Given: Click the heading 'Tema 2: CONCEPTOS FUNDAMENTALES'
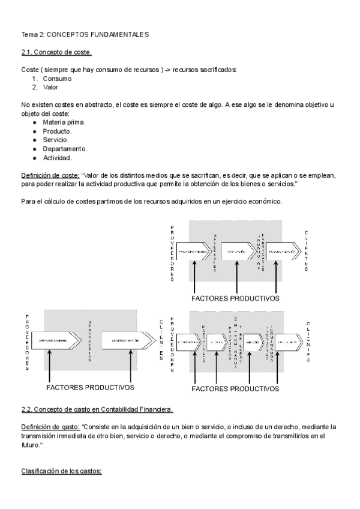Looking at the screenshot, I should (x=85, y=35).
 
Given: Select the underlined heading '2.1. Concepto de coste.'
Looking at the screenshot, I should (x=56, y=52).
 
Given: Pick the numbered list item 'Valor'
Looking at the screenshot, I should (x=51, y=87).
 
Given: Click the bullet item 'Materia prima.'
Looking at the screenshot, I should (x=64, y=122).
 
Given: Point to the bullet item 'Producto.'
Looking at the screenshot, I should (x=57, y=131).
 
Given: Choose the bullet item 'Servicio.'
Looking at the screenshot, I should (x=56, y=140).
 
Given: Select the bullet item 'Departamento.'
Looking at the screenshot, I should (x=65, y=149).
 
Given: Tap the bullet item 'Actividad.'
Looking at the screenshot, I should (x=58, y=158).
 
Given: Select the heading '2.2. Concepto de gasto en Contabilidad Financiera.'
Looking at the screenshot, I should (x=97, y=409).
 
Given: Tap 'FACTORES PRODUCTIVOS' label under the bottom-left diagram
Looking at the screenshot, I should (x=89, y=387).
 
